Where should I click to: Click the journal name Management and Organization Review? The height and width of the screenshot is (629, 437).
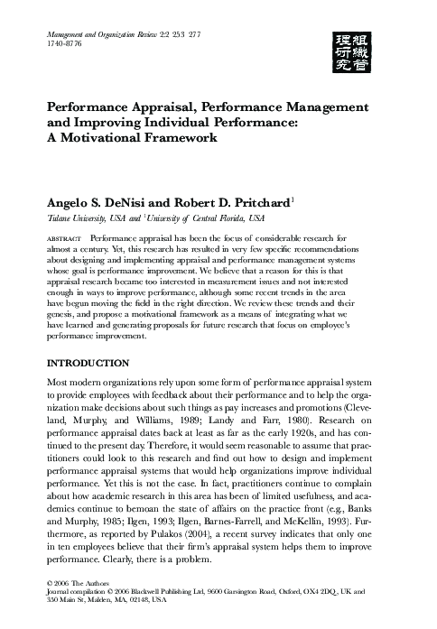[x=110, y=32]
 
